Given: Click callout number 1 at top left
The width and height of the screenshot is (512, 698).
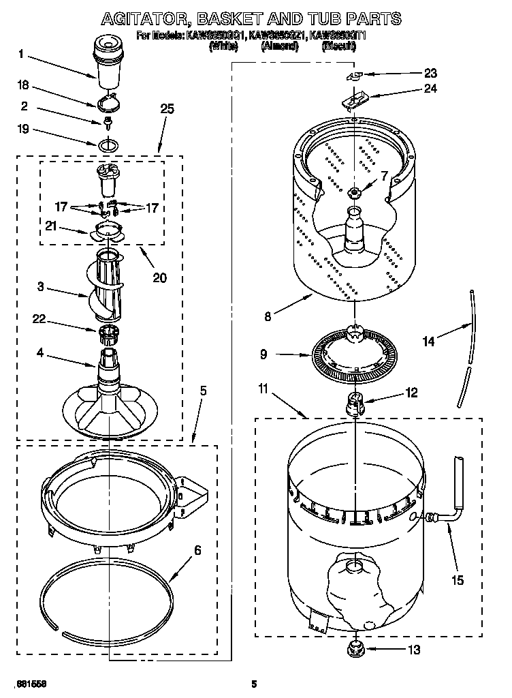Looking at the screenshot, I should (x=21, y=54).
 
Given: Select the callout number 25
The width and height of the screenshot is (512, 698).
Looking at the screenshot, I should (x=167, y=108).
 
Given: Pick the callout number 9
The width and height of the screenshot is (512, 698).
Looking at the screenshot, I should (x=281, y=354).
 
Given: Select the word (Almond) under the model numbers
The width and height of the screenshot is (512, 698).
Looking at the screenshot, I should (x=280, y=46).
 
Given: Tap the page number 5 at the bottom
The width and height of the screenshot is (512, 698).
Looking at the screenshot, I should (x=254, y=683).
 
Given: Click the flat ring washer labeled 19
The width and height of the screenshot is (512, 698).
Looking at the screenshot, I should (x=108, y=145).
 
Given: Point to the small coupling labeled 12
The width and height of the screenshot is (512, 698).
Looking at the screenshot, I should (x=355, y=402).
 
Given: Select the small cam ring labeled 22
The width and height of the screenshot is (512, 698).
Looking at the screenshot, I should (x=108, y=333).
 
